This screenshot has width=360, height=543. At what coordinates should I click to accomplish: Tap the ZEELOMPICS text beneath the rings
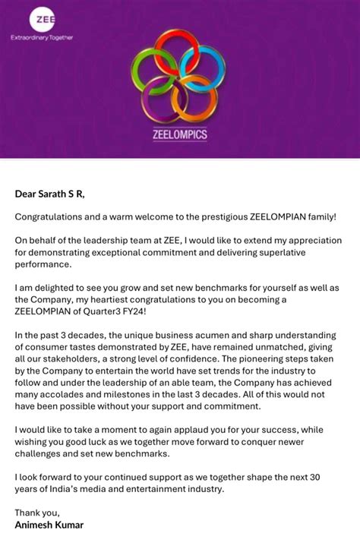pos(179,135)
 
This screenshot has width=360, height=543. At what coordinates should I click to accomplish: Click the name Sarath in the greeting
pos(57,194)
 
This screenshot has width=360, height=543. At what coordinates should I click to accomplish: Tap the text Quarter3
pos(118,312)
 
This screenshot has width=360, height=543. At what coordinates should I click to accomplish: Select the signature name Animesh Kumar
pos(49,525)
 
